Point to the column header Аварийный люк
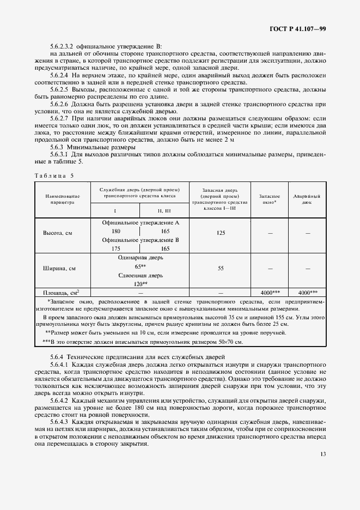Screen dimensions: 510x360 coord(307,199)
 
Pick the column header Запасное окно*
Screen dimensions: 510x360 coord(270,199)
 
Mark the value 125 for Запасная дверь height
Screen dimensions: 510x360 coord(221,233)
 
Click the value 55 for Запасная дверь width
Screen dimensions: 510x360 coord(221,269)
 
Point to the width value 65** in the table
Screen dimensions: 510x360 coord(141,266)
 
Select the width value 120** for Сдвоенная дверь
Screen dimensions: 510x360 coord(141,283)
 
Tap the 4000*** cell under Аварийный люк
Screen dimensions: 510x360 coord(307,293)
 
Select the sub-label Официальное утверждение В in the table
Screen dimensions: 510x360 coord(141,240)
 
